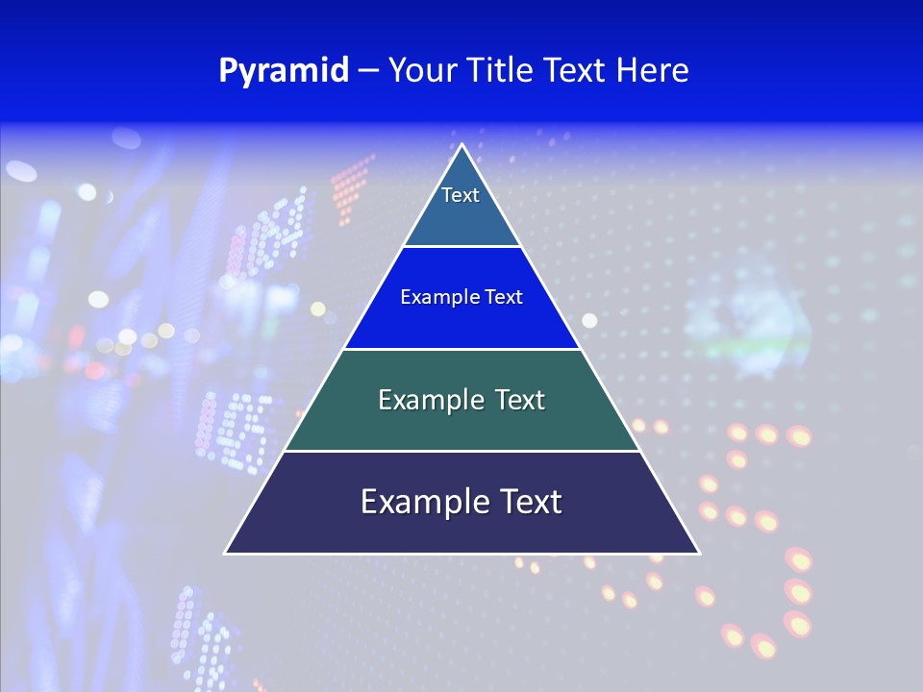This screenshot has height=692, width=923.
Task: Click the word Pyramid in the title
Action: point(284,71)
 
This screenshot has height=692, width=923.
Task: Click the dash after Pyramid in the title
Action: point(368,72)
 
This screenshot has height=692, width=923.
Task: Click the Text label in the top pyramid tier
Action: point(461,195)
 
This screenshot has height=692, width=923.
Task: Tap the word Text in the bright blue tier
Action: point(504,297)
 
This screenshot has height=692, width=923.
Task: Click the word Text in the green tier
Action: point(513,400)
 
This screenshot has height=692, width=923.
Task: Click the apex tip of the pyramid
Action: point(461,146)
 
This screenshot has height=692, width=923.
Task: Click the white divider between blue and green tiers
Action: point(461,349)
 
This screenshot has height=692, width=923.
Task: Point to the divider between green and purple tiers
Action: point(461,451)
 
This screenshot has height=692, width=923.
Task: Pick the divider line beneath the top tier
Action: point(461,246)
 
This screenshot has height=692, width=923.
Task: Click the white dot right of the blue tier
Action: point(589,320)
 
